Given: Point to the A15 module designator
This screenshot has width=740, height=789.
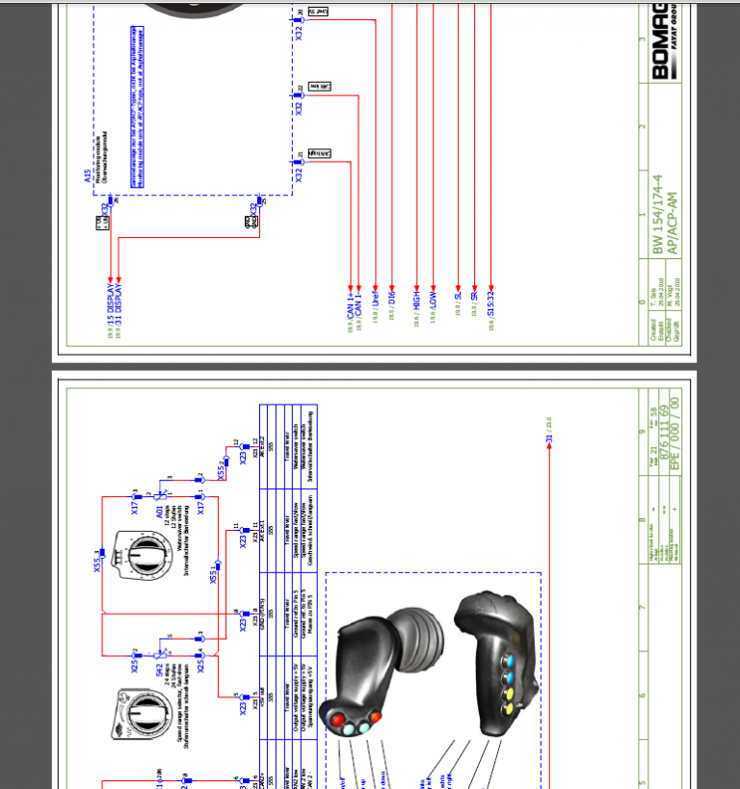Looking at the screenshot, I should pyautogui.click(x=87, y=176).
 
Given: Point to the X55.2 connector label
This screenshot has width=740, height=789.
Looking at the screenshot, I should pyautogui.click(x=221, y=470).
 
